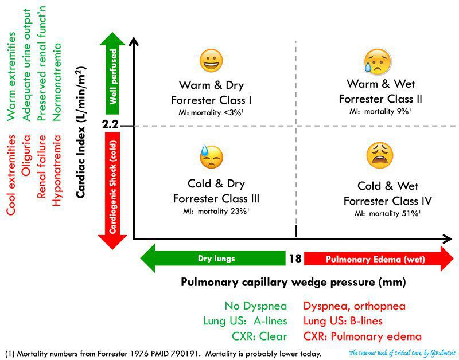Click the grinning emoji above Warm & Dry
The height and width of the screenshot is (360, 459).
pyautogui.click(x=212, y=60)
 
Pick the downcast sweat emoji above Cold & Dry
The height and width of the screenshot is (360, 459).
pyautogui.click(x=211, y=156)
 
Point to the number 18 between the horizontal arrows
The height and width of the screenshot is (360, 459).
pyautogui.click(x=295, y=259)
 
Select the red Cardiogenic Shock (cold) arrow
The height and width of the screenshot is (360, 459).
pyautogui.click(x=112, y=189)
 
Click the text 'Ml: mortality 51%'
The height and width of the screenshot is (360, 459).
pyautogui.click(x=388, y=214)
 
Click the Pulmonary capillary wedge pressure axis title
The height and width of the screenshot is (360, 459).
pyautogui.click(x=293, y=282)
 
